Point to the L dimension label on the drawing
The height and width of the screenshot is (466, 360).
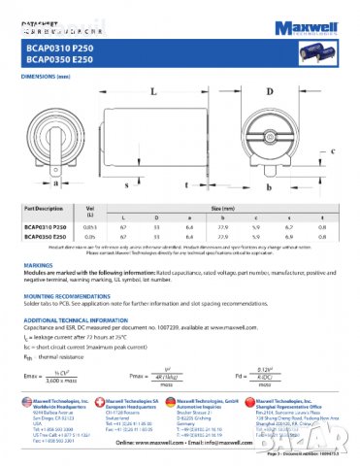154,91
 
